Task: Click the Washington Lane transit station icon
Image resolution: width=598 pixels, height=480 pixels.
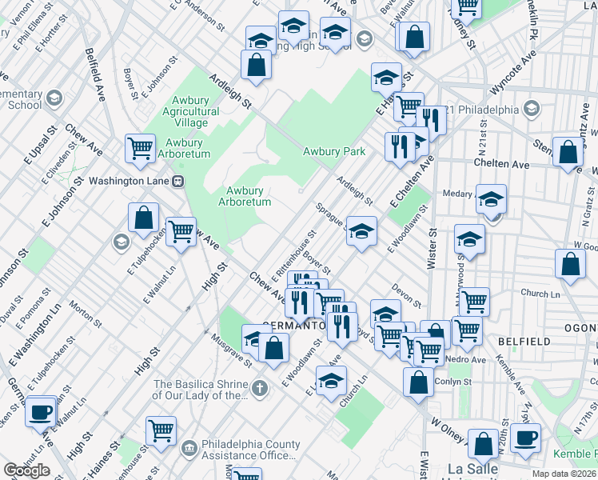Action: [x=179, y=181]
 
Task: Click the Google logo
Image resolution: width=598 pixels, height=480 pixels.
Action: [x=26, y=470]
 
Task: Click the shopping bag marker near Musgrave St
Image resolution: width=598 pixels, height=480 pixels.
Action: [x=273, y=348]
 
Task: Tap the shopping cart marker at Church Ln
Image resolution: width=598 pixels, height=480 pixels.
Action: [x=474, y=302]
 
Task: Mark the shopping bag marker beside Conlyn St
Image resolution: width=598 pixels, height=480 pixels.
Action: [x=418, y=382]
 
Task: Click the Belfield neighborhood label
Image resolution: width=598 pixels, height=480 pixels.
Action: [x=524, y=342]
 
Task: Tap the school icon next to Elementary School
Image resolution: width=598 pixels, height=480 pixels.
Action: [x=54, y=98]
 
